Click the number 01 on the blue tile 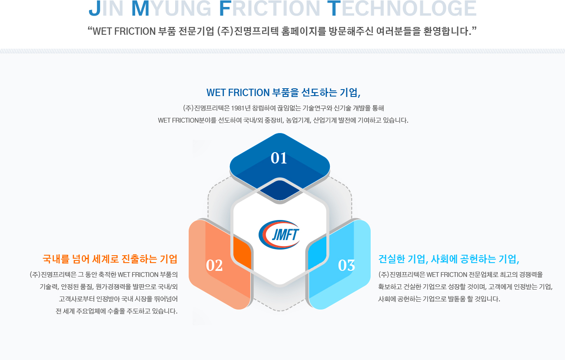(279, 158)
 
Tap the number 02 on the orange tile (214, 265)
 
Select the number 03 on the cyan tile (346, 265)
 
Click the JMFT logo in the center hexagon (279, 235)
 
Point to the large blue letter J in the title (95, 8)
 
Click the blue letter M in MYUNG (140, 8)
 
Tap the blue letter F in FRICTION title (225, 8)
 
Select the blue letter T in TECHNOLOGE (334, 8)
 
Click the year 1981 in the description (238, 108)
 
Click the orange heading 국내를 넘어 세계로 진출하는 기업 (110, 259)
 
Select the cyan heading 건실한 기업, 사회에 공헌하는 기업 (449, 259)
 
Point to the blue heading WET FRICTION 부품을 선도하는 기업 (283, 93)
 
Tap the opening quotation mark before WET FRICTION (90, 29)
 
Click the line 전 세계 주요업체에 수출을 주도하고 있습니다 (116, 311)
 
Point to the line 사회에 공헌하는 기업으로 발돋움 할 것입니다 (439, 299)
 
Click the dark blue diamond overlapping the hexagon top (279, 190)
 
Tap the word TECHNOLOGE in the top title (402, 8)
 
